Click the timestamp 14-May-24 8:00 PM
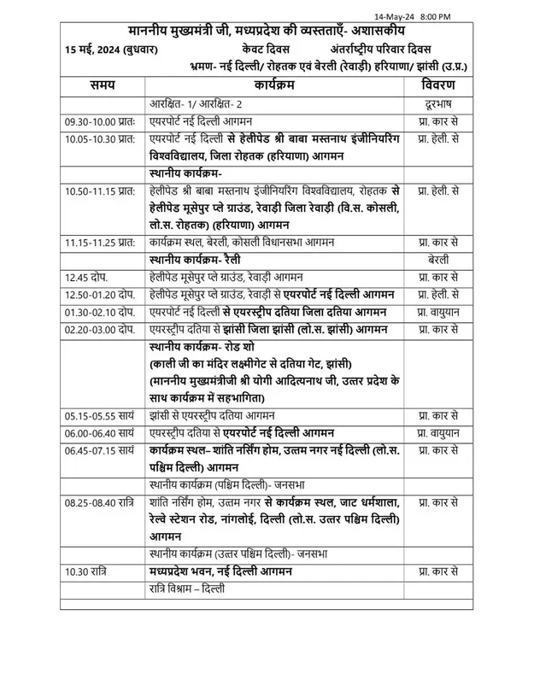pyautogui.click(x=484, y=17)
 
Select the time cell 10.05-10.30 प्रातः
pyautogui.click(x=102, y=138)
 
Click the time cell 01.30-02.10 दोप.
pyautogui.click(x=99, y=311)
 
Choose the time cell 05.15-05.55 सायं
pyautogui.click(x=99, y=415)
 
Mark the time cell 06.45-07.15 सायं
pyautogui.click(x=99, y=449)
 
